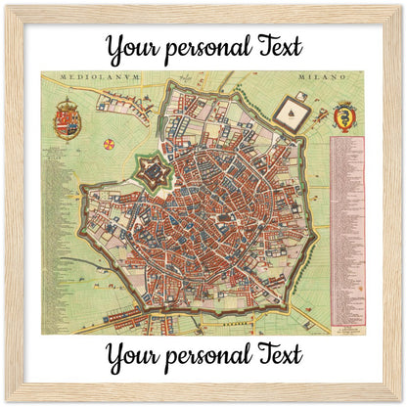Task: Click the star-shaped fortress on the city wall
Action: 154,177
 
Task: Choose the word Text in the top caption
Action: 276,47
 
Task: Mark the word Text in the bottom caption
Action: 276,354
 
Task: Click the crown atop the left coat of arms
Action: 68,103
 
